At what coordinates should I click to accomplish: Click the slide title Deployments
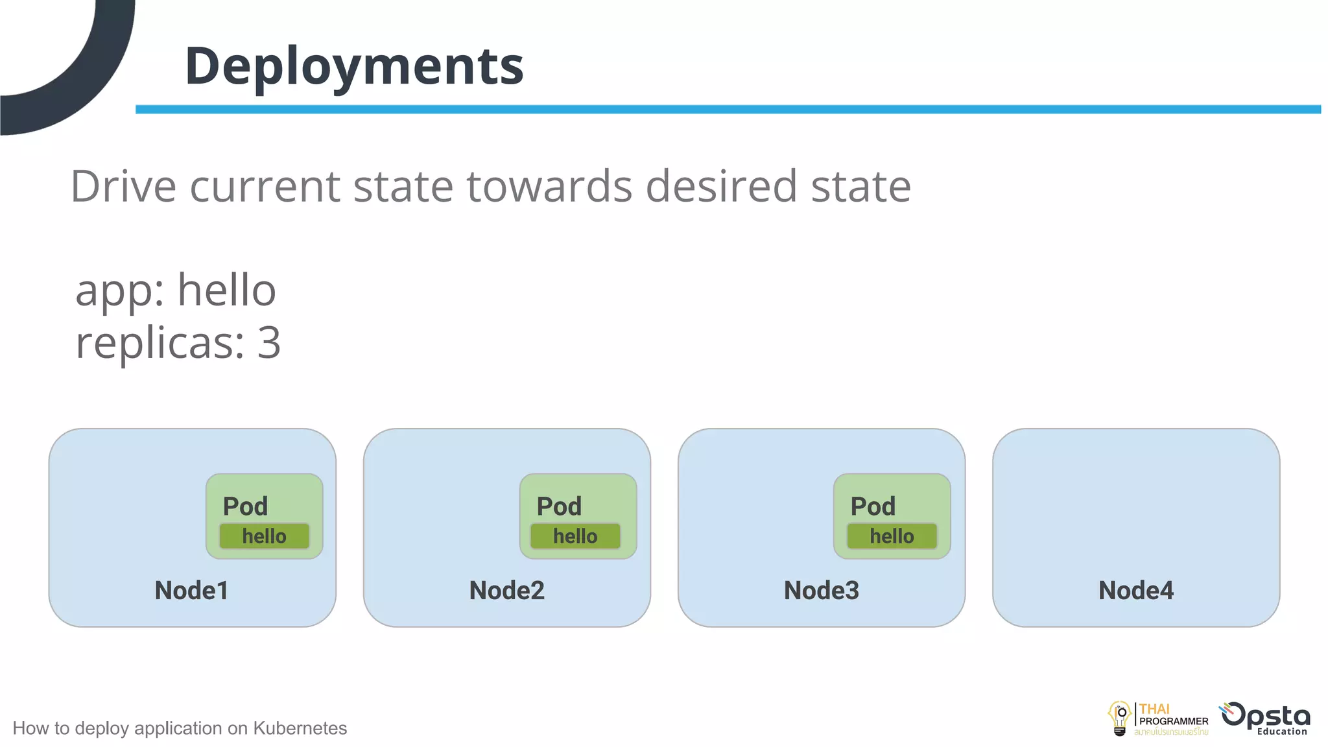tap(354, 66)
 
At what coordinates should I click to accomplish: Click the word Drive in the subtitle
tap(123, 187)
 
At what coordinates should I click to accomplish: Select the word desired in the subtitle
tap(720, 187)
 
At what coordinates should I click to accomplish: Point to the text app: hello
tap(176, 290)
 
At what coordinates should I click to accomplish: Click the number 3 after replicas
tap(268, 342)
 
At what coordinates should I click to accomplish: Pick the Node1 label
tap(191, 590)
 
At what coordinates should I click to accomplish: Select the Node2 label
tap(506, 590)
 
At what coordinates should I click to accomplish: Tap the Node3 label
tap(821, 590)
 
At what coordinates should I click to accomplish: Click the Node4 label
tap(1135, 590)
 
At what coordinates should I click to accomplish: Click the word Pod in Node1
tap(245, 506)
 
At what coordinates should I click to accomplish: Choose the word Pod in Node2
tap(559, 506)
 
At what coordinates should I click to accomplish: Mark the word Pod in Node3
tap(873, 506)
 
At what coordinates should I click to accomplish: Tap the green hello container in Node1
tap(264, 536)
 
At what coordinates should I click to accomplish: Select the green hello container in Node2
tap(575, 536)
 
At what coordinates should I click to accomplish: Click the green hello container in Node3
tap(892, 536)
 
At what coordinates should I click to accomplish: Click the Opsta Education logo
tap(1266, 718)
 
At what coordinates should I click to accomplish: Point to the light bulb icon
tap(1119, 718)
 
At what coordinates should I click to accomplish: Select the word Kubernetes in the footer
tap(300, 728)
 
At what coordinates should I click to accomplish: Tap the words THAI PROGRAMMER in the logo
tap(1172, 715)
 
